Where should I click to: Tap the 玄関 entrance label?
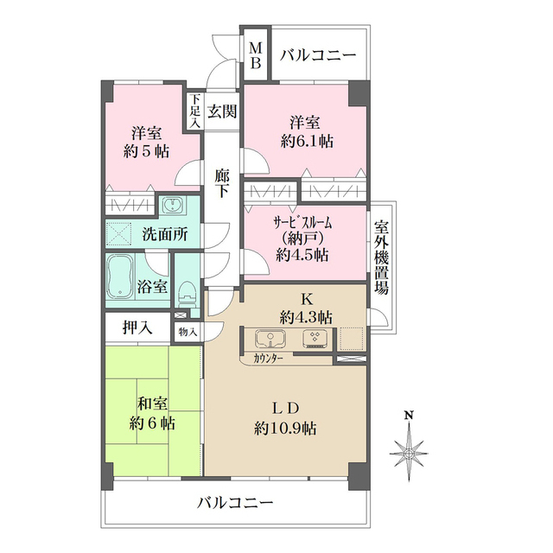(222, 111)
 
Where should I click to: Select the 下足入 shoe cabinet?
(195, 111)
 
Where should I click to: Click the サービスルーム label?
(303, 221)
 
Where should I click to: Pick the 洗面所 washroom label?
(158, 233)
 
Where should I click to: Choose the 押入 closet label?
(137, 327)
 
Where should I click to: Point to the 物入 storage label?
(187, 330)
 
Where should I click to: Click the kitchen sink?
(271, 338)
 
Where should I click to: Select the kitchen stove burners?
(315, 338)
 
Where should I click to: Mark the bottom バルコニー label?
(234, 502)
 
